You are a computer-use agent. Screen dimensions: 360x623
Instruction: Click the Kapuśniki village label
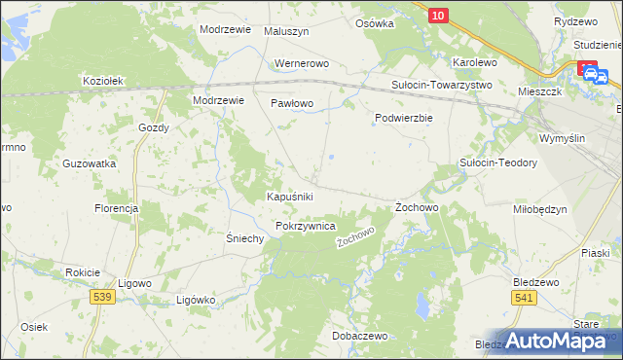point(289,197)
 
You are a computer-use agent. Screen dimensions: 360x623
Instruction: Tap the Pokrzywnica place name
point(306,225)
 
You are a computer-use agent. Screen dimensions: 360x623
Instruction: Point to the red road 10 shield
point(438,15)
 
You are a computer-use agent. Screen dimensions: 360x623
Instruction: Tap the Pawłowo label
point(292,102)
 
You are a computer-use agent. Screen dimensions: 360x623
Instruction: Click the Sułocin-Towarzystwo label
point(442,85)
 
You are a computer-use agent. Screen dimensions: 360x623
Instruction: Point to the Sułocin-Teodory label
point(498,163)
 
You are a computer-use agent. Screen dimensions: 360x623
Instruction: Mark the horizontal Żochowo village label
point(419,208)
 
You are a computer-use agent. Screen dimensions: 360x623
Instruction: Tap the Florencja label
point(117,208)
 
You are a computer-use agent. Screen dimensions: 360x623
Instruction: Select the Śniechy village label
point(245,238)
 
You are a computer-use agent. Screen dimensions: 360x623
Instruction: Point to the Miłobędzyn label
point(539,209)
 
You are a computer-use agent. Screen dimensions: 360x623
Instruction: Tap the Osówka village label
point(375,23)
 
